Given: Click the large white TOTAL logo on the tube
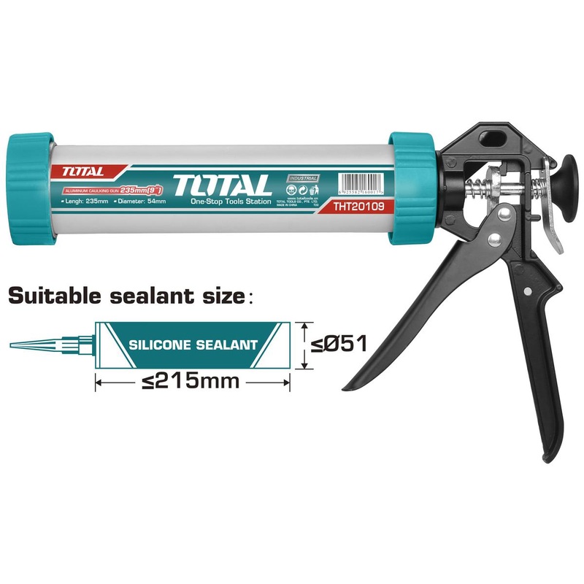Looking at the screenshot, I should (223, 184).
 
